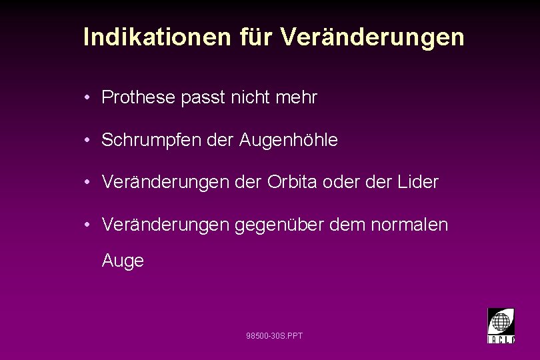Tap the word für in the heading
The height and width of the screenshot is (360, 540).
point(255,37)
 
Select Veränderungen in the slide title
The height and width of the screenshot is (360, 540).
point(372,37)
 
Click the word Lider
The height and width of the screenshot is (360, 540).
point(419,183)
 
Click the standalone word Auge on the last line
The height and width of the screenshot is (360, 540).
point(123,261)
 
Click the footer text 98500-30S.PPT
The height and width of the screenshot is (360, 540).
point(274,335)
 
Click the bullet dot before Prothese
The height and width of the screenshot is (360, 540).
point(88,99)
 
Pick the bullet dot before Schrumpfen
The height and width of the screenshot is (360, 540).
point(88,141)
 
